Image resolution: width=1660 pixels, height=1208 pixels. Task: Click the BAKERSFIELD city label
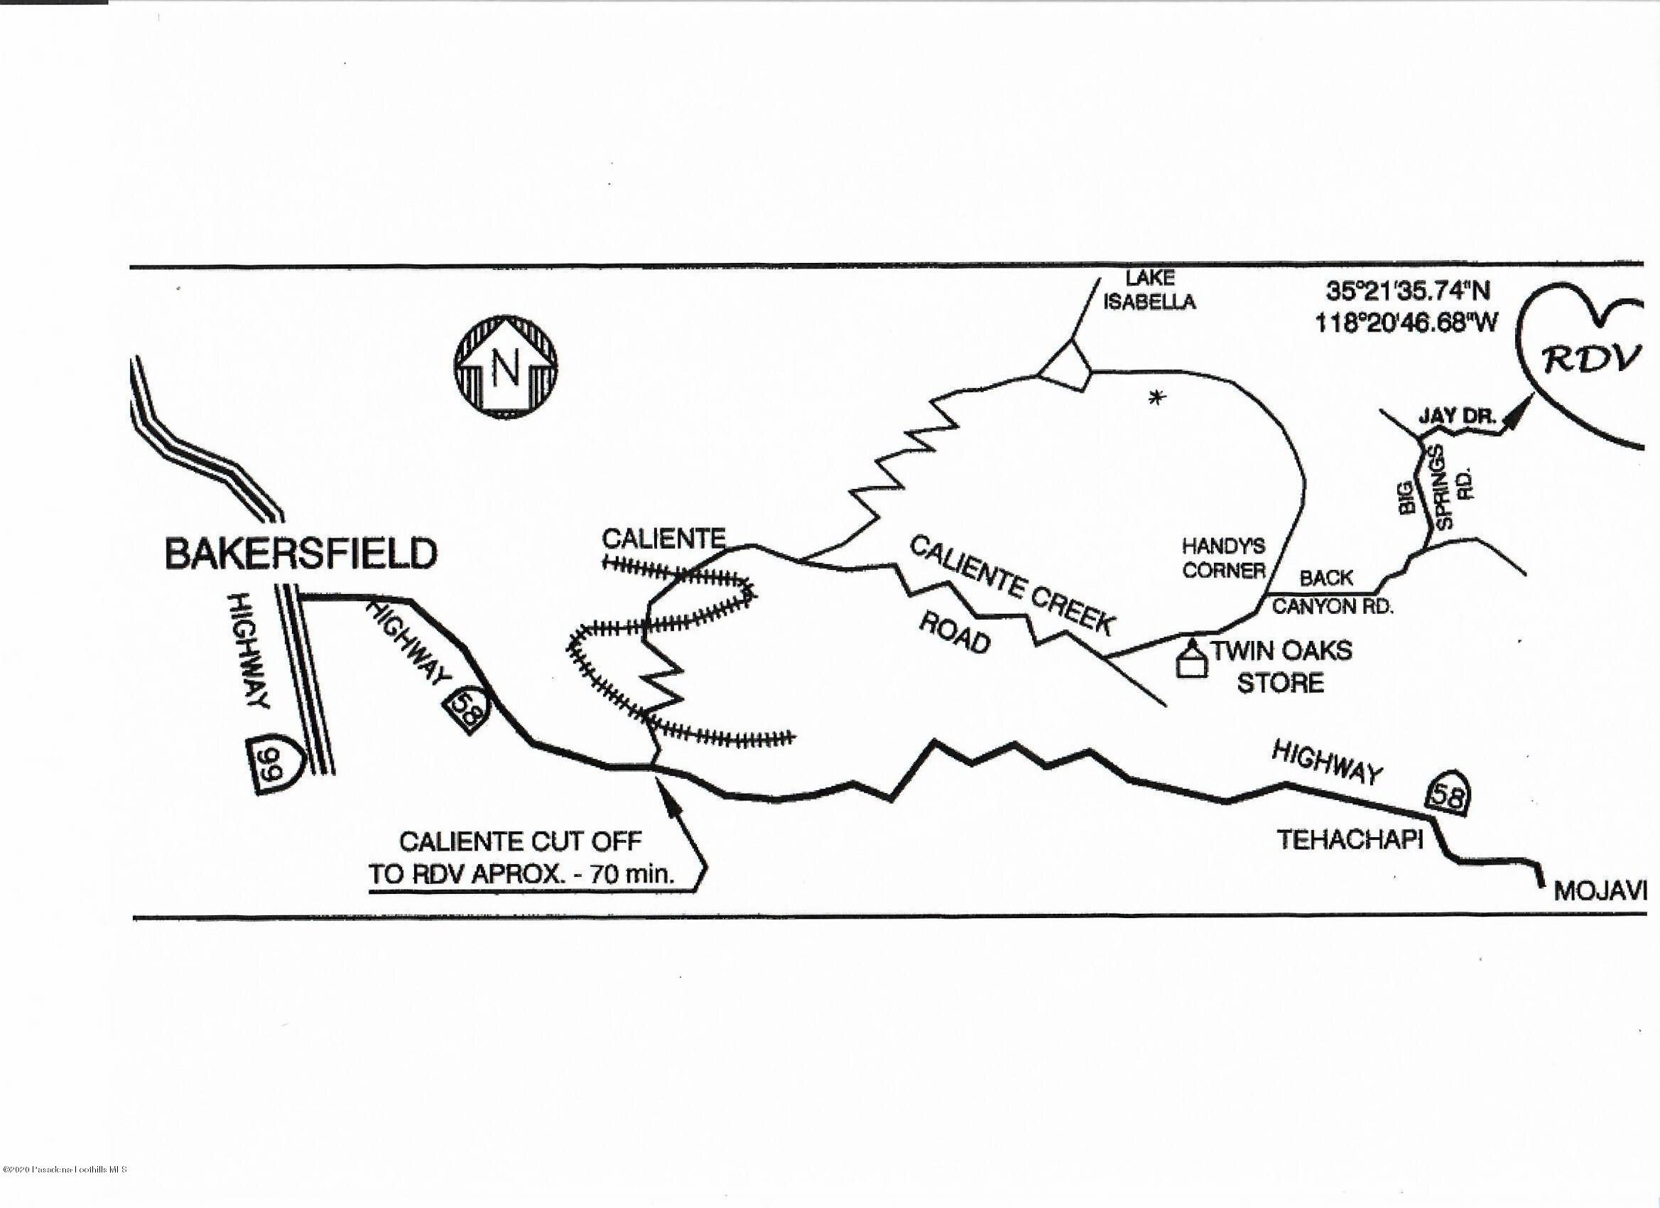point(301,554)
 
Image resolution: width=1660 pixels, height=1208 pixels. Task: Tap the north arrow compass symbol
point(506,366)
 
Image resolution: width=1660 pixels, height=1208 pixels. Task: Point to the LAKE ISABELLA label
point(1149,290)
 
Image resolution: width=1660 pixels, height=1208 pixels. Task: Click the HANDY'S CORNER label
point(1224,558)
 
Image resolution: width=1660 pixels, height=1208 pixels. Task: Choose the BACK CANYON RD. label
point(1330,591)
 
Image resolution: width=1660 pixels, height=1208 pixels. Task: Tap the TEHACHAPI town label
point(1350,840)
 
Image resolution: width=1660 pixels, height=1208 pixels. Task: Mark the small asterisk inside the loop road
point(1156,398)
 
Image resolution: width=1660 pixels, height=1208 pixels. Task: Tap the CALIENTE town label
point(663,539)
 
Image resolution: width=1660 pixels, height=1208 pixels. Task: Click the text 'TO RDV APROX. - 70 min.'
point(521,875)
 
